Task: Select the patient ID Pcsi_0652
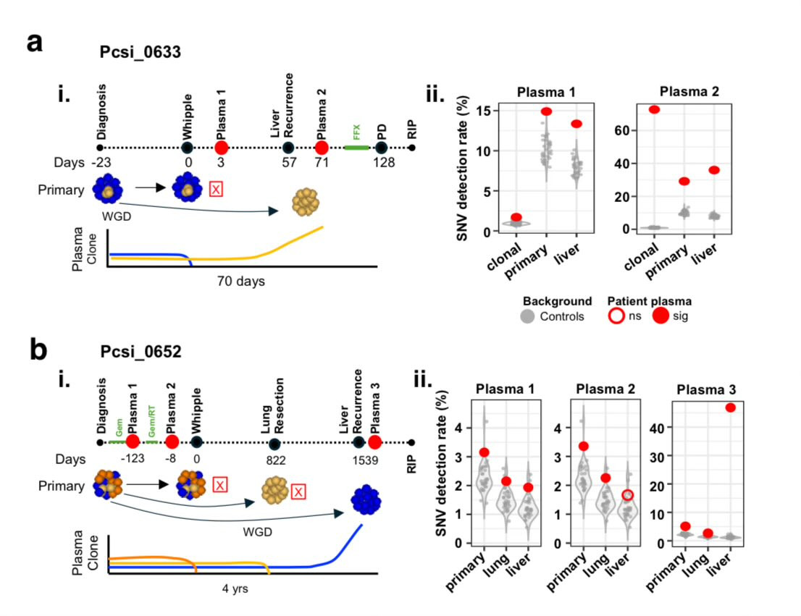140,352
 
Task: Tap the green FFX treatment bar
356,148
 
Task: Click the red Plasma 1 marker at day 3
222,148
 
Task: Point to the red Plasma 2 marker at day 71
322,148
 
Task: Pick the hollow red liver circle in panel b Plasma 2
628,495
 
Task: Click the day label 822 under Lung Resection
275,460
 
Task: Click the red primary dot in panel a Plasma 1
546,111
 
